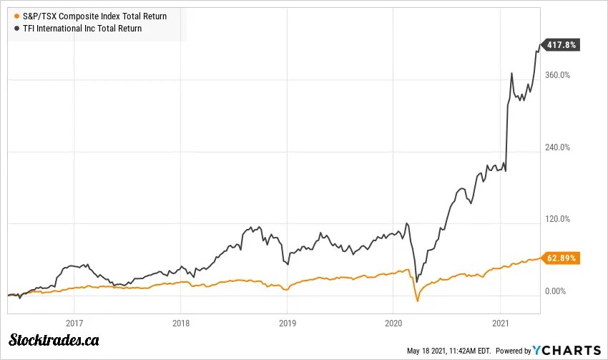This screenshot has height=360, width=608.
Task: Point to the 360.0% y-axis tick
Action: [558, 74]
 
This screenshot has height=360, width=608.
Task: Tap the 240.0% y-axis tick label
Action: [558, 147]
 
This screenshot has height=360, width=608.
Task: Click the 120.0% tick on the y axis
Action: [558, 219]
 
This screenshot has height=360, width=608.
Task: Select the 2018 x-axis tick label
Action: [181, 322]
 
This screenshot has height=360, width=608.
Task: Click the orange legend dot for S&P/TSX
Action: [16, 16]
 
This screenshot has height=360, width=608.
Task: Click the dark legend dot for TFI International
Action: [16, 29]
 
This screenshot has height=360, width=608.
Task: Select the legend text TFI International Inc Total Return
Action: [82, 29]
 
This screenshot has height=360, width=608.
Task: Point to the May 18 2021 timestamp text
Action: [448, 351]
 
